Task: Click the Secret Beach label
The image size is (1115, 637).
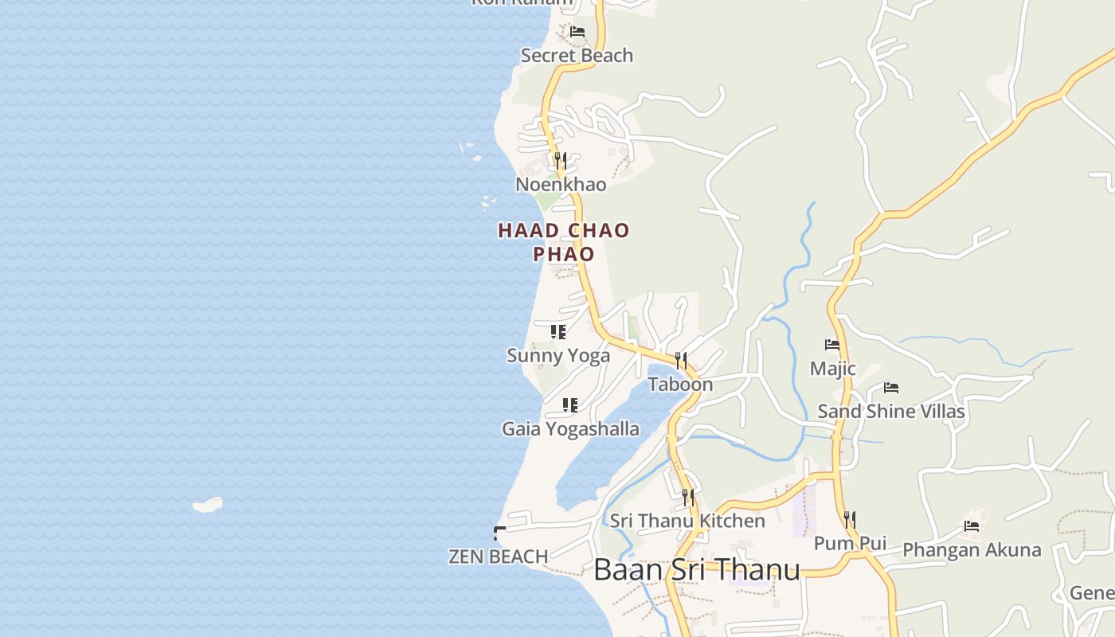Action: point(577,56)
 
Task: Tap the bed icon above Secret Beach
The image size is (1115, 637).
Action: point(577,32)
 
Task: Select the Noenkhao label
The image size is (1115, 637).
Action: point(561,185)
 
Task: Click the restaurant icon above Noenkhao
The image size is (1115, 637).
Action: point(561,160)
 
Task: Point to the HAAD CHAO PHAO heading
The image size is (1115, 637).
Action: point(564,242)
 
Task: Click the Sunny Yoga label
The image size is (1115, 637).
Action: point(558,356)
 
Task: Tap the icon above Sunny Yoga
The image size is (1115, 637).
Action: point(558,331)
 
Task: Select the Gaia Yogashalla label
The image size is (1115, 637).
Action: point(570,429)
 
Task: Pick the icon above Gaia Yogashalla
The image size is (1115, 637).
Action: point(570,405)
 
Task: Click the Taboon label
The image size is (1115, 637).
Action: point(680,385)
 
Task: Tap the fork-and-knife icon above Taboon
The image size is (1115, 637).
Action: point(681,360)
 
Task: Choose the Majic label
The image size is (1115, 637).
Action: point(833,369)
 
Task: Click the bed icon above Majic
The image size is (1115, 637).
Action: point(832,345)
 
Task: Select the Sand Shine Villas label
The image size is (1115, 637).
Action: point(891,412)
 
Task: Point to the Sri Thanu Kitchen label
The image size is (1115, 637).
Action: point(687,522)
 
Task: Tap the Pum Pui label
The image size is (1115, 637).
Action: point(850,544)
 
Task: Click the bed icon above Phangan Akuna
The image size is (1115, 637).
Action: point(972,526)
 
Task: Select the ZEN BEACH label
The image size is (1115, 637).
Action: point(499,557)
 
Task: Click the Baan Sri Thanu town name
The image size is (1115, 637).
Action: point(697,570)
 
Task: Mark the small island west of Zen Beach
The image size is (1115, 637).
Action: point(208,505)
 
